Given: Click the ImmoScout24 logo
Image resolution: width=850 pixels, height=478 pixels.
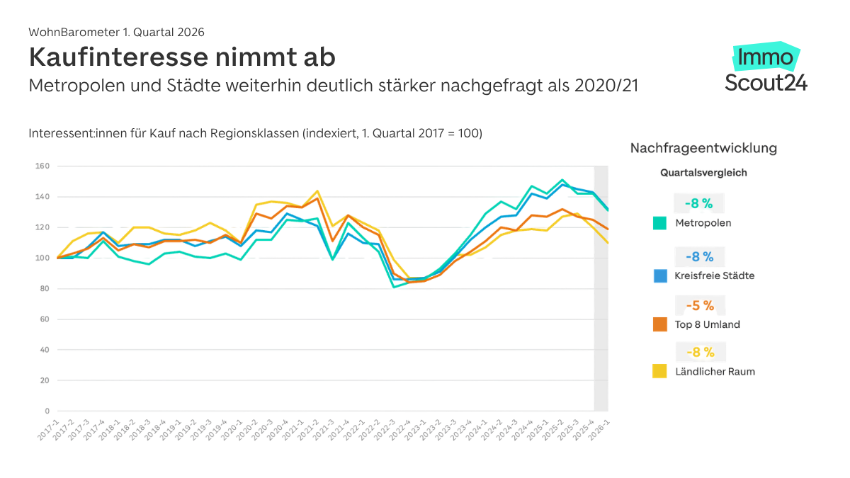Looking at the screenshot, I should (x=766, y=69).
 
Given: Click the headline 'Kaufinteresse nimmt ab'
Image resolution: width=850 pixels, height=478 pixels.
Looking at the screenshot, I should (x=182, y=57).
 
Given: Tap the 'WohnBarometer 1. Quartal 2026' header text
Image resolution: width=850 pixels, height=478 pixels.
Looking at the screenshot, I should (x=116, y=32).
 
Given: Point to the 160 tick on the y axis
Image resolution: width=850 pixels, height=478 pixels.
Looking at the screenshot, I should (x=42, y=166).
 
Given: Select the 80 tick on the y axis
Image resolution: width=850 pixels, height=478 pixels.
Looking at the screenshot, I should (x=44, y=289).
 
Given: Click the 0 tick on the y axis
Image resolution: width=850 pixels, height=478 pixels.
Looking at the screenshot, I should (x=47, y=411).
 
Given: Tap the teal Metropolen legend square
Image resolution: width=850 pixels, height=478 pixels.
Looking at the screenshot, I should (x=660, y=223).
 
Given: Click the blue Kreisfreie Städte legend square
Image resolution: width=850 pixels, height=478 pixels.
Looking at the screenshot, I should (x=660, y=276).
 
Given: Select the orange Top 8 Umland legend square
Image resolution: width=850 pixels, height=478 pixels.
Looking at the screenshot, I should (x=660, y=324).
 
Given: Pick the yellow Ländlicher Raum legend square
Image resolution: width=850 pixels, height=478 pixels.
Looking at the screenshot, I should (x=660, y=371).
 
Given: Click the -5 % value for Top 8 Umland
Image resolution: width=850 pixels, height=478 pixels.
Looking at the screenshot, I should (x=698, y=306).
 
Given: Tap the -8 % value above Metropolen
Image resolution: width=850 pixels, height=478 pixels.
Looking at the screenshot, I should (x=698, y=204).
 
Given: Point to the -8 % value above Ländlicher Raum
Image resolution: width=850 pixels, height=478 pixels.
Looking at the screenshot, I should (x=698, y=352).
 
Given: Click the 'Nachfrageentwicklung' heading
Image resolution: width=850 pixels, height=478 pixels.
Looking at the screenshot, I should (x=703, y=148).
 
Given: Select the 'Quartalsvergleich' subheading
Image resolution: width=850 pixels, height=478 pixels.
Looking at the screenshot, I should (x=703, y=172).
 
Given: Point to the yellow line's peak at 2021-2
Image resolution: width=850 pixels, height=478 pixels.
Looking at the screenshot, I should (x=317, y=190).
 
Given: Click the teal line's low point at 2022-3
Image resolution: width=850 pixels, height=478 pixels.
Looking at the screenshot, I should (x=394, y=287).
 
